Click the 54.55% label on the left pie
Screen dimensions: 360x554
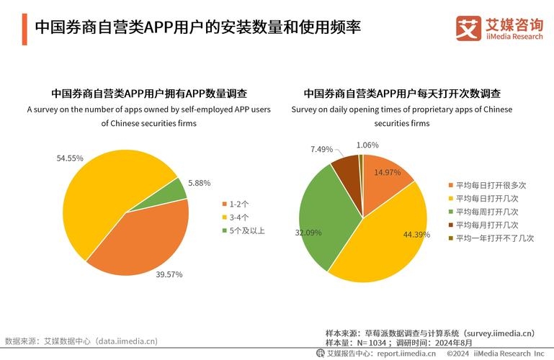pyautogui.click(x=70, y=158)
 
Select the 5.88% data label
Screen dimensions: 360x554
pyautogui.click(x=200, y=183)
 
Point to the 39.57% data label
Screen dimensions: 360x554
pyautogui.click(x=170, y=274)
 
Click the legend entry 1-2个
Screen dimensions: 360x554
pyautogui.click(x=237, y=204)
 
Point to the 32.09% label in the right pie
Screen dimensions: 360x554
pyautogui.click(x=308, y=233)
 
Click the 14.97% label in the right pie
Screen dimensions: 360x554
pyautogui.click(x=387, y=172)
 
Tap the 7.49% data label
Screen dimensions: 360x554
pyautogui.click(x=322, y=149)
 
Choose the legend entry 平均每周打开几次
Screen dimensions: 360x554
pyautogui.click(x=482, y=212)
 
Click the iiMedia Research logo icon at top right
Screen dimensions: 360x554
pyautogui.click(x=468, y=27)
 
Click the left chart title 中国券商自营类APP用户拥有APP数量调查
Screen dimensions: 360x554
pyautogui.click(x=149, y=94)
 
